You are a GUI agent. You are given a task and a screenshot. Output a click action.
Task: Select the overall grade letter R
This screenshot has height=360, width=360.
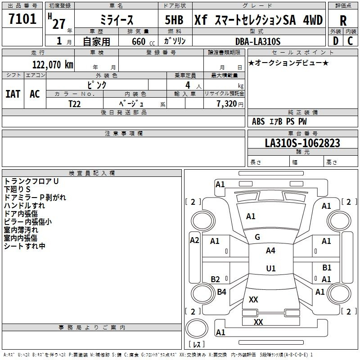coord(343,20)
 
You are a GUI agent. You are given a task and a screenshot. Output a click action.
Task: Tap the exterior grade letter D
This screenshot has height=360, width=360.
coord(335,41)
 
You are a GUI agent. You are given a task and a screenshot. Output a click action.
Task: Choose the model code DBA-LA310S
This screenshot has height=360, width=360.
coord(258,41)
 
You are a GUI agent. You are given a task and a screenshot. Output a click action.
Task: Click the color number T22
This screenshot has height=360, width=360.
coord(75,103)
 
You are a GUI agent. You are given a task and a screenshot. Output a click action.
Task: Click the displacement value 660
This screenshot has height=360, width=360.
coord(138,41)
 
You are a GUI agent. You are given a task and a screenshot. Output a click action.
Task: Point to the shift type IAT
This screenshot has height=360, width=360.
coord(13,94)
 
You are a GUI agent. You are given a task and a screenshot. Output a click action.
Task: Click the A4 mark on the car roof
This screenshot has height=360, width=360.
coord(270,251)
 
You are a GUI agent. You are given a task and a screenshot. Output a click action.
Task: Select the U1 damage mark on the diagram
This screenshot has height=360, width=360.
coord(270,269)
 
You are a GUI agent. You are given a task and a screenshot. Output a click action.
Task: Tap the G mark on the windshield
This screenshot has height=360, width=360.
coord(257,237)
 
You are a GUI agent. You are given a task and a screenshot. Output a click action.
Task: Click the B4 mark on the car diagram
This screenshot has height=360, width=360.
coord(221,292)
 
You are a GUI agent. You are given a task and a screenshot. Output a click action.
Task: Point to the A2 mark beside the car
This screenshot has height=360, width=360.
coord(194,240)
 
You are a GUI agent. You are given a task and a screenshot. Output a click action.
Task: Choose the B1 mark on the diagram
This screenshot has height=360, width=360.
coord(327,268)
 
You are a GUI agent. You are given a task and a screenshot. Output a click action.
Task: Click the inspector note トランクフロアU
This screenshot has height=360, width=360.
coord(31,181)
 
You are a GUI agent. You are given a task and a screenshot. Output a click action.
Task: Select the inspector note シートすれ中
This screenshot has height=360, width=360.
coord(25,246)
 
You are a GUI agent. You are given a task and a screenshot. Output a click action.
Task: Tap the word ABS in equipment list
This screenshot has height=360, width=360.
coord(258,121)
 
